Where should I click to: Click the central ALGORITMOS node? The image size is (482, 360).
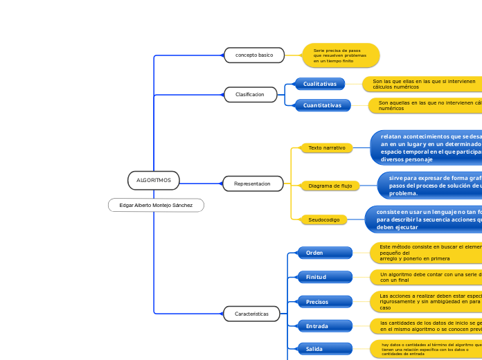[153, 180]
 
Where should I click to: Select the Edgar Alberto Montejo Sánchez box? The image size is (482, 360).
[156, 205]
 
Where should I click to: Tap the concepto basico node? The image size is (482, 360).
[254, 55]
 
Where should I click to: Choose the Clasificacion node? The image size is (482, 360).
[250, 94]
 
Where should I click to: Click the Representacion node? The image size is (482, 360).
[253, 183]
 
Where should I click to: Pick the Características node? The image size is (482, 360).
[251, 314]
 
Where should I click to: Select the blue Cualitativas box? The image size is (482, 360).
[319, 84]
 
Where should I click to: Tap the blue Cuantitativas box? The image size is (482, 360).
[322, 105]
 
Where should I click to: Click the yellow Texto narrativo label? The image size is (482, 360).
[326, 147]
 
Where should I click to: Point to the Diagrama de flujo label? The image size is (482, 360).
[330, 186]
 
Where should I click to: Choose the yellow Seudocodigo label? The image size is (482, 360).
[323, 219]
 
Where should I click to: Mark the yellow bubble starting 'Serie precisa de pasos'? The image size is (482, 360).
[341, 55]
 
